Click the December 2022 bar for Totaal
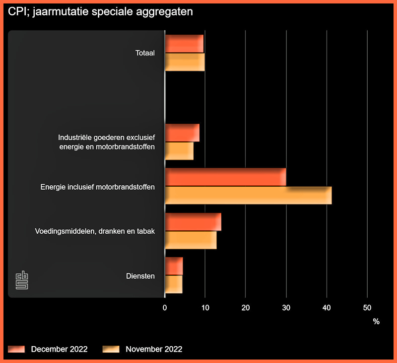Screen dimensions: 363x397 coord(184,44)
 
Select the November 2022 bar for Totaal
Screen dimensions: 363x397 coord(185,62)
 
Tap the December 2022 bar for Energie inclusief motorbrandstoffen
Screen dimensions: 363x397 coord(225,177)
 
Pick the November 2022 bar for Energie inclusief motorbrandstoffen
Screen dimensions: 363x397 coord(248,195)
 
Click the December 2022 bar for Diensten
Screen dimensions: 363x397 coord(174,266)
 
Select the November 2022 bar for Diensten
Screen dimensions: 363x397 coord(174,284)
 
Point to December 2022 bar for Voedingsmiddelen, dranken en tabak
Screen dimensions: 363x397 coord(193,222)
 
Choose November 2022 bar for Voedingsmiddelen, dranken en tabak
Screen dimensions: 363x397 coord(191,240)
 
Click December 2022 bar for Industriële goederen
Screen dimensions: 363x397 coord(182,133)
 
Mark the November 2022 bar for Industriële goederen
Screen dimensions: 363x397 coord(179,151)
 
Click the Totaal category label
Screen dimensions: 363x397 coord(145,53)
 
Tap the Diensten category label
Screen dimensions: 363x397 coord(140,276)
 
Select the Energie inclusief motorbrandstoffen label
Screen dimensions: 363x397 coord(98,187)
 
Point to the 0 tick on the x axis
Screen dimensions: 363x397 coord(165,308)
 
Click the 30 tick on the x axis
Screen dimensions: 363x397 coord(286,308)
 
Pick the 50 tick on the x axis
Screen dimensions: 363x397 coord(367,308)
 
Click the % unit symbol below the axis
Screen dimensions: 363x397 coord(376,321)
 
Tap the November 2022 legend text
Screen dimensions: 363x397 coord(154,349)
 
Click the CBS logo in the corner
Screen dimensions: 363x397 coord(22,280)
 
